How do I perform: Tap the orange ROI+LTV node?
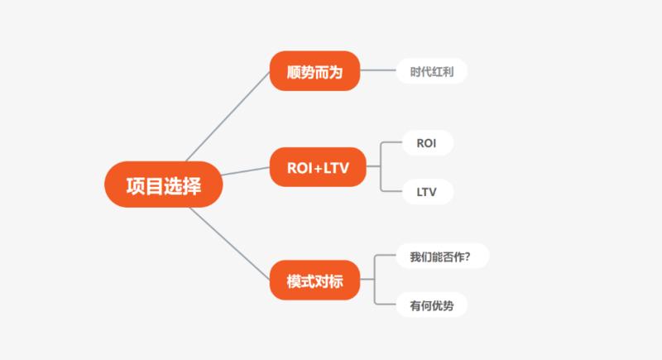[317, 166]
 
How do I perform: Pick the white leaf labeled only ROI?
[427, 143]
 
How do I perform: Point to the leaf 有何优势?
[431, 305]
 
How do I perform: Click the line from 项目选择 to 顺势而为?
[228, 117]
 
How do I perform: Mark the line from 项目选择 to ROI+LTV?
[247, 172]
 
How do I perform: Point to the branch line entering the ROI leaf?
[390, 143]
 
